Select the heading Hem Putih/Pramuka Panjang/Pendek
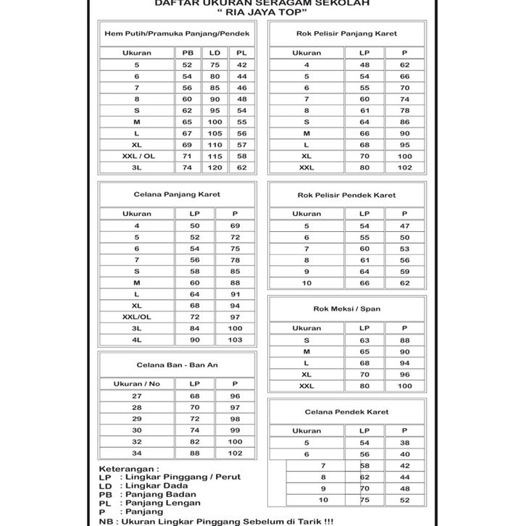tap(177, 33)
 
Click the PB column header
tap(187, 53)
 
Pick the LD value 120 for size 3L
tap(214, 167)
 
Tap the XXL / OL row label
tap(137, 156)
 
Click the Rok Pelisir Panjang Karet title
tap(346, 33)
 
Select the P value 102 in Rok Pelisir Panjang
tap(404, 167)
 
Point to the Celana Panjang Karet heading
tap(177, 195)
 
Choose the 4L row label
tap(137, 340)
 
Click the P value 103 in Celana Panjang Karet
tap(235, 340)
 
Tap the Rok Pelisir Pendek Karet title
tap(346, 195)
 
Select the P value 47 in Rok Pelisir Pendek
tap(404, 226)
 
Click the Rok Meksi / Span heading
tap(346, 309)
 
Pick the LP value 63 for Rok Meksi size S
tap(364, 340)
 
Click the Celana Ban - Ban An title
tap(177, 364)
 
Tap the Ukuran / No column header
tap(137, 383)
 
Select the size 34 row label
tap(137, 454)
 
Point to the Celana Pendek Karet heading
tap(346, 412)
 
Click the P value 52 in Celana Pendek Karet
tap(404, 500)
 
